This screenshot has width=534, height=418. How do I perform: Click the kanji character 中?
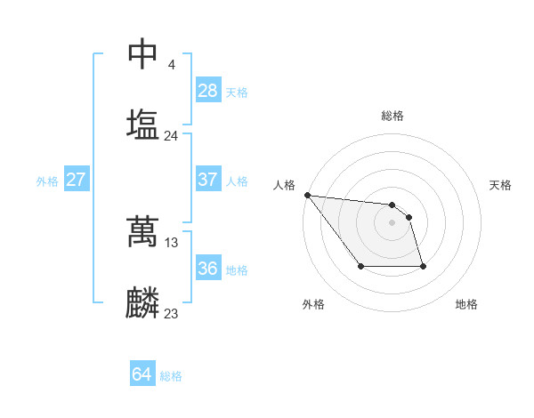[142, 54]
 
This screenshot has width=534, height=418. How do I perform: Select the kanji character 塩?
[142, 124]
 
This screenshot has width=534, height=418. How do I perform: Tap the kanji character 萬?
[142, 231]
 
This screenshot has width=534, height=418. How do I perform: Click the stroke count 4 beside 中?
[171, 65]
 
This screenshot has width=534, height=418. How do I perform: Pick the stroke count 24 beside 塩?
[171, 136]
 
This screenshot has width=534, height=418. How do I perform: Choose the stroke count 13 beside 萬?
[172, 242]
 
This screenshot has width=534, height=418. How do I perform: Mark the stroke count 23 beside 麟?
[172, 314]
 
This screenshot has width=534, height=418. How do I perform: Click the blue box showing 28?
[208, 91]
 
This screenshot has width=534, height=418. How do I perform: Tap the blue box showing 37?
[208, 180]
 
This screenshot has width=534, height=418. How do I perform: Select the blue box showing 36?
[208, 269]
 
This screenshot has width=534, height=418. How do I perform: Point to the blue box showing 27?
[77, 180]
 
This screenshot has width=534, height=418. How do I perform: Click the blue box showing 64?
[142, 375]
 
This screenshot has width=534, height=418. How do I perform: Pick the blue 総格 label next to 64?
[171, 377]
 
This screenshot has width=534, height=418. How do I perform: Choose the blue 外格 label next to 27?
[47, 181]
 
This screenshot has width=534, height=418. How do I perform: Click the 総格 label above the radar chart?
[392, 116]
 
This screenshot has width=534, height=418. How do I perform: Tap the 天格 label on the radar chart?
[501, 185]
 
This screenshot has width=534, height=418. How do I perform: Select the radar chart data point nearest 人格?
[307, 195]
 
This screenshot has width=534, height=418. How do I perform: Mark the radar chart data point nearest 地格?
[423, 266]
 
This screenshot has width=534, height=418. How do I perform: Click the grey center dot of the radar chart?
[392, 222]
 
